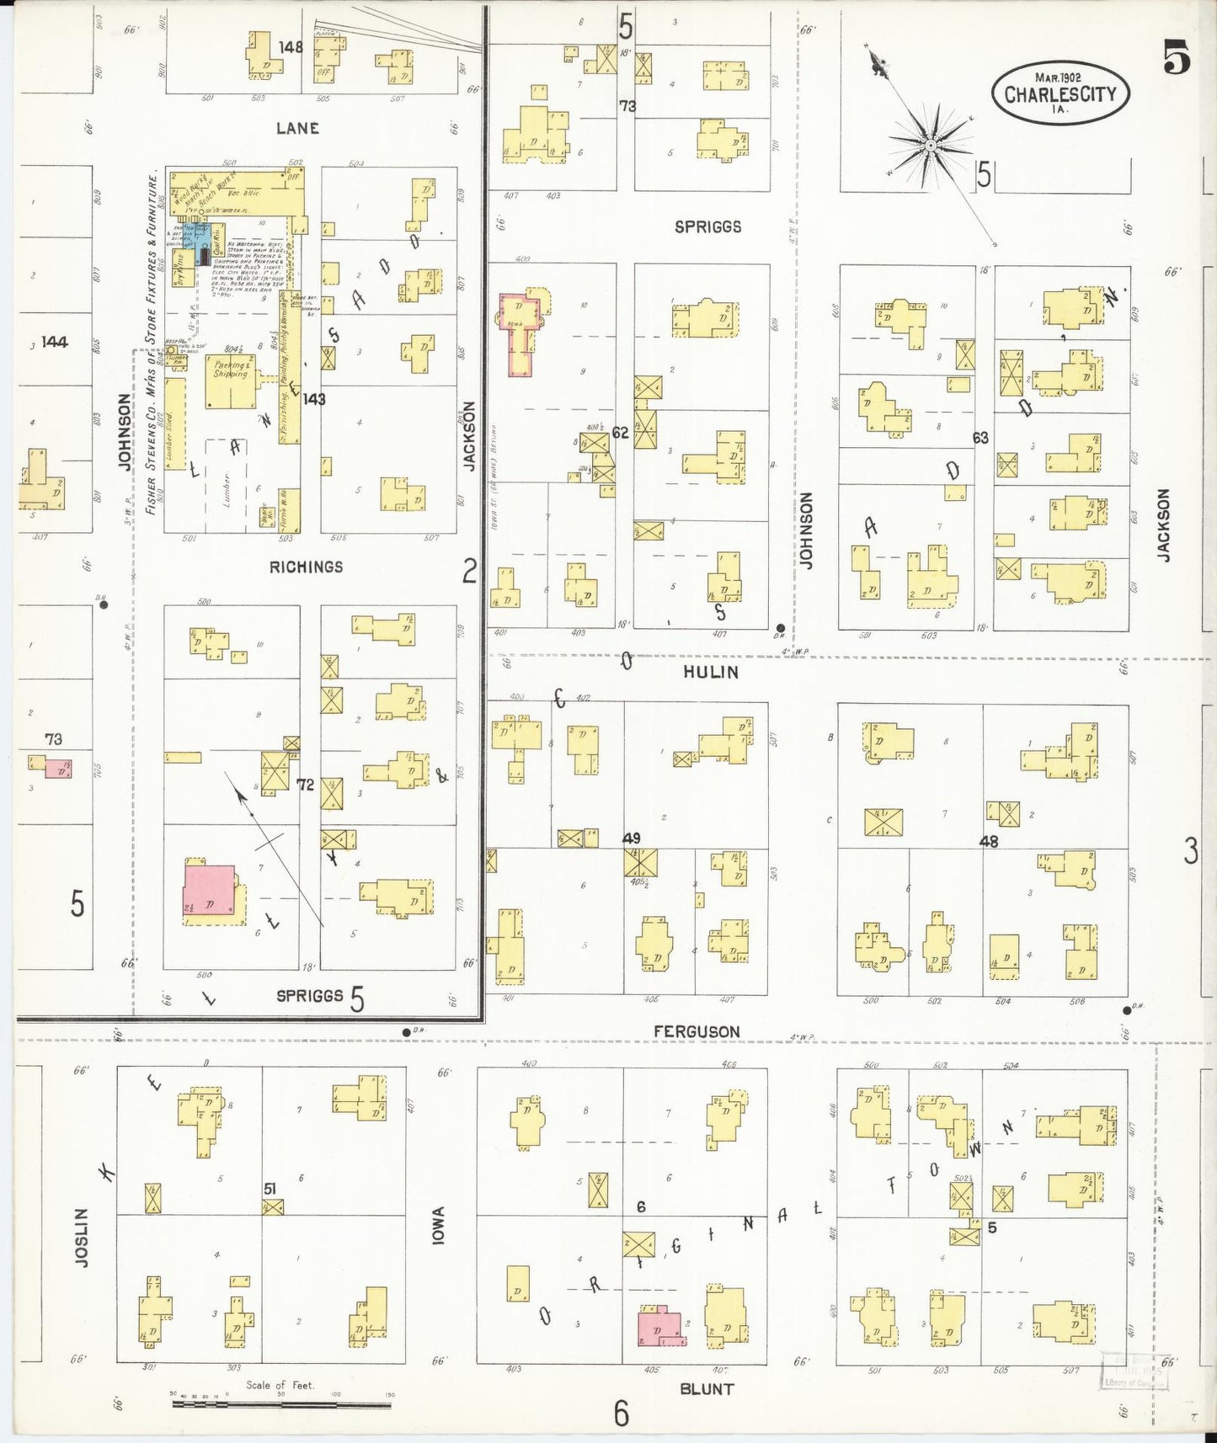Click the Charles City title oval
tap(1060, 93)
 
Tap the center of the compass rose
tap(930, 146)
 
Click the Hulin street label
tap(711, 672)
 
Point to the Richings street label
tap(306, 567)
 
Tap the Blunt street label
tap(706, 1388)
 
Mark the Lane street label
tap(297, 128)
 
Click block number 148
tap(291, 47)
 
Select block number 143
tap(314, 399)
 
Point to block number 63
tap(979, 438)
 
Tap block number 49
tap(631, 838)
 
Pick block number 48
tap(988, 841)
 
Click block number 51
tap(270, 1188)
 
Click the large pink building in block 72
tap(209, 891)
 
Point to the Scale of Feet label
tap(280, 1384)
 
